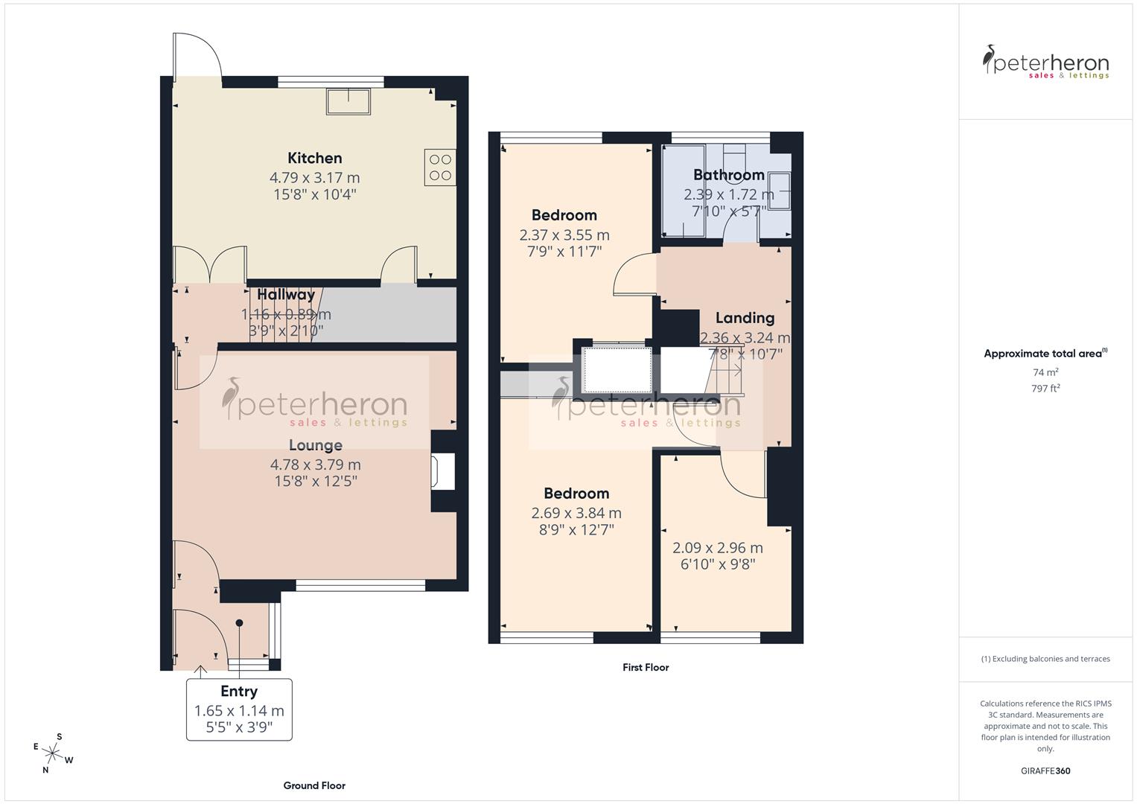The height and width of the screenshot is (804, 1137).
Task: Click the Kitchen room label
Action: pos(315,158)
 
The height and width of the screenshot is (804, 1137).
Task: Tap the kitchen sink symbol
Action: pos(348,101)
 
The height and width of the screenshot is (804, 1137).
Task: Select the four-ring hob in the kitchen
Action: pos(440,167)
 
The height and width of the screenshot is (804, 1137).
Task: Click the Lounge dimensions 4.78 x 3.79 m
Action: pos(315,465)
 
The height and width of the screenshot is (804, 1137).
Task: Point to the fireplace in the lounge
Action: pos(442,472)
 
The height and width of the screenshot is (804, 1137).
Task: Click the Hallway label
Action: pos(286,295)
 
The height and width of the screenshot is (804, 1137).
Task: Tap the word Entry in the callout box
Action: pos(239,692)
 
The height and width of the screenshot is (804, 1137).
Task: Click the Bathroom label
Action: pos(728,175)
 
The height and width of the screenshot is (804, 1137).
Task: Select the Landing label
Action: pos(745,318)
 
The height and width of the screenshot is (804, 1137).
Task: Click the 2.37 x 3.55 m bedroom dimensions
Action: pos(564,235)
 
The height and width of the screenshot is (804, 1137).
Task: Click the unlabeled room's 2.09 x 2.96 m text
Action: pos(717,548)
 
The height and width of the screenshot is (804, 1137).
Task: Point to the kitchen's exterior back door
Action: pos(197,57)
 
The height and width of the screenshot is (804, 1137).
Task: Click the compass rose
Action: pos(52,753)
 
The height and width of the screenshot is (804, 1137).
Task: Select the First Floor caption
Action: pos(646,668)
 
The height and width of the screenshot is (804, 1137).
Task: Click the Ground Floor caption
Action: pos(314,785)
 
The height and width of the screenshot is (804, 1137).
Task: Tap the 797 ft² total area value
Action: pos(1045,388)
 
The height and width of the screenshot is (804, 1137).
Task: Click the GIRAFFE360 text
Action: pos(1045,770)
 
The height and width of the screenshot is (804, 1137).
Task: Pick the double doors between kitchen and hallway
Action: pos(209,264)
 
